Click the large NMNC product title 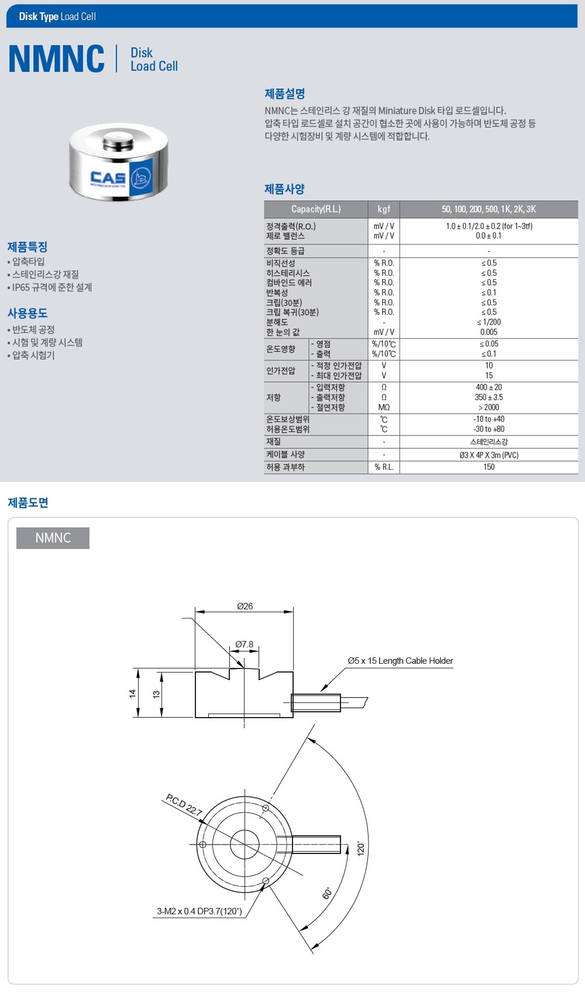click(57, 59)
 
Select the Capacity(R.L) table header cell click(316, 209)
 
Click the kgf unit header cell click(384, 209)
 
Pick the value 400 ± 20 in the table click(488, 387)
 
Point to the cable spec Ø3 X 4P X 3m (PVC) click(489, 455)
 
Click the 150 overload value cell click(489, 467)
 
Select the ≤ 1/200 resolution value click(488, 322)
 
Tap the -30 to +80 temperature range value click(488, 429)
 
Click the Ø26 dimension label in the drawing click(245, 606)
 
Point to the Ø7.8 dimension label click(244, 644)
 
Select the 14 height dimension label click(132, 693)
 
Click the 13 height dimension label click(156, 694)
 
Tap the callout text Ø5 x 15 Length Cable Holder click(400, 661)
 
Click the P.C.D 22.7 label click(184, 804)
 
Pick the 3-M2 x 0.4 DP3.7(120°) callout click(199, 911)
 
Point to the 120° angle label click(360, 848)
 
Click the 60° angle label click(327, 893)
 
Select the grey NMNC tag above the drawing click(53, 538)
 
